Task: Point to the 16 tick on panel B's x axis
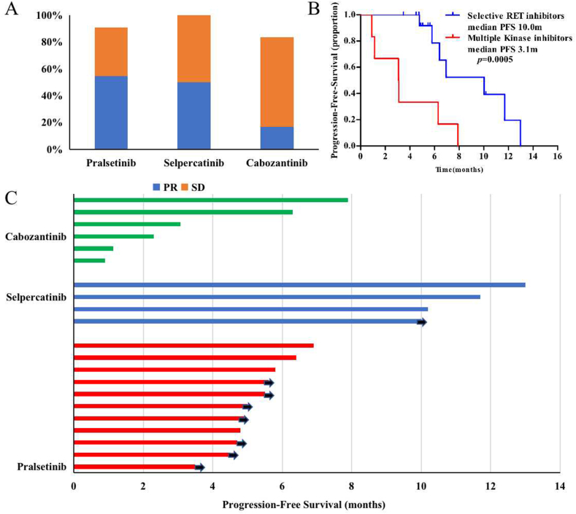pos(558,155)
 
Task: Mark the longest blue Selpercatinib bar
pos(299,284)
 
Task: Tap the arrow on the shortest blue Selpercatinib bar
pos(421,322)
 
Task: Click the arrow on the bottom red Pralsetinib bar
pos(199,467)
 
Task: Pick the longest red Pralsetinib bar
pos(193,345)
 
